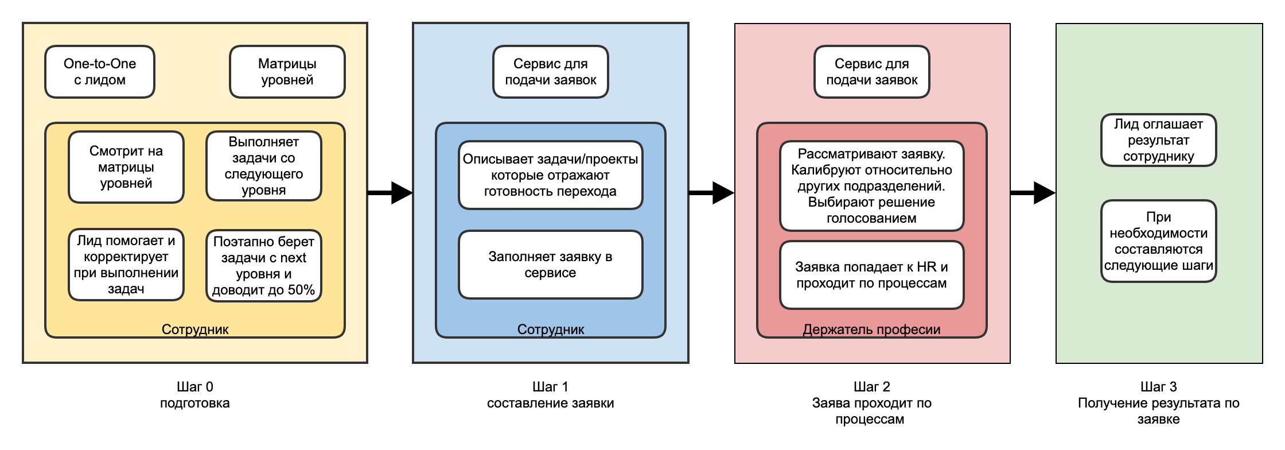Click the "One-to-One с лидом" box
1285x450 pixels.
click(100, 72)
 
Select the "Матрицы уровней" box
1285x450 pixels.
click(287, 72)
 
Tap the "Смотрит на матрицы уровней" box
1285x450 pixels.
click(126, 167)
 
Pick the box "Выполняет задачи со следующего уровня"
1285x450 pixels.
click(264, 166)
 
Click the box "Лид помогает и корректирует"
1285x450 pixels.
click(126, 265)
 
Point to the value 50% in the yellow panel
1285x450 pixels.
click(301, 290)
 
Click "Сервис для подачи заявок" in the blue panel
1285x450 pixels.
click(551, 72)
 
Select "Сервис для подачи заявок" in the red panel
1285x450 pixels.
click(871, 72)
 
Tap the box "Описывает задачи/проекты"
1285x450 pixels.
click(551, 175)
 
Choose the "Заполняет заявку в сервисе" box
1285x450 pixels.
click(551, 265)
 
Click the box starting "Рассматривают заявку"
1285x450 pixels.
click(871, 186)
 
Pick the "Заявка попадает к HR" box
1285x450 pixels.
click(871, 275)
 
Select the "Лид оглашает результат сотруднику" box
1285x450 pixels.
click(1158, 140)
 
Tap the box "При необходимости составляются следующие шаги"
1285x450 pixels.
click(1158, 241)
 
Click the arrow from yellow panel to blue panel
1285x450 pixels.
click(390, 193)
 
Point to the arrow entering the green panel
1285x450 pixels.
click(1033, 193)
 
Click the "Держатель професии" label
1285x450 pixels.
click(871, 329)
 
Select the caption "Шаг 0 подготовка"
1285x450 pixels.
click(195, 395)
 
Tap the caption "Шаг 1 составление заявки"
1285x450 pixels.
click(551, 395)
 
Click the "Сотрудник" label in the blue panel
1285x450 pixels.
click(551, 329)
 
